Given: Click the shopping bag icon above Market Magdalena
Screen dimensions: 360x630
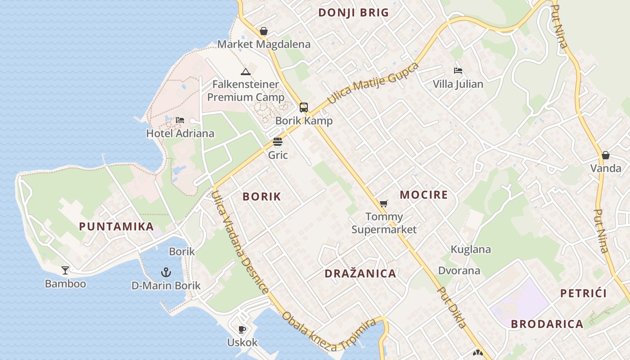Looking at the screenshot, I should click(264, 31).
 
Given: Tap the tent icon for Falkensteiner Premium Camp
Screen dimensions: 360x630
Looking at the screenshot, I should click(245, 72).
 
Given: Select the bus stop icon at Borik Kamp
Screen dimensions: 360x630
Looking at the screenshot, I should click(304, 108).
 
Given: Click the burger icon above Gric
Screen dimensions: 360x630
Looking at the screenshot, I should click(278, 142).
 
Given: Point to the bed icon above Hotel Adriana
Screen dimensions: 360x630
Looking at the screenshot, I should click(180, 120).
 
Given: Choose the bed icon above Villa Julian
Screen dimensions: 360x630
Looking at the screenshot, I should click(458, 71).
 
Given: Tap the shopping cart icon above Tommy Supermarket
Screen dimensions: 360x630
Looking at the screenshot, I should click(383, 204).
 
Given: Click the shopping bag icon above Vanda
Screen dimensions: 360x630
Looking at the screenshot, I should click(606, 155).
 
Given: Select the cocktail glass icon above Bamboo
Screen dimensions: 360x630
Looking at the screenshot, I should click(65, 270).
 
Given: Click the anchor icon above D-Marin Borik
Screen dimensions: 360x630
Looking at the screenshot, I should click(166, 272).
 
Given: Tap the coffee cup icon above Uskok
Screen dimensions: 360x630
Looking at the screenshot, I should click(242, 329).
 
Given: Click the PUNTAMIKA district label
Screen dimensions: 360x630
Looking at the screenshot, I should click(117, 226).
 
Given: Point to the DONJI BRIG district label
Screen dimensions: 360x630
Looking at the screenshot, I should click(353, 13).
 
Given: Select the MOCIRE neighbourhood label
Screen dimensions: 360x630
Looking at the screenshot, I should click(424, 195).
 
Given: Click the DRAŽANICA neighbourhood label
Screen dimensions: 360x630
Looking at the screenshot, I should click(360, 274).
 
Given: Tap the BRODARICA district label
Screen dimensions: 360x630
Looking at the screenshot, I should click(547, 324).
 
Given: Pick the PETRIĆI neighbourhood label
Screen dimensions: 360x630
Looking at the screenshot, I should click(584, 293).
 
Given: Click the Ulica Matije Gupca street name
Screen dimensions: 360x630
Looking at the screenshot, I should click(373, 83).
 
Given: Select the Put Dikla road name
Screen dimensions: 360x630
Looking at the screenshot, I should click(452, 308).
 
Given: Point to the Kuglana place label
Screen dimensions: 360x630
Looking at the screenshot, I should click(471, 249).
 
